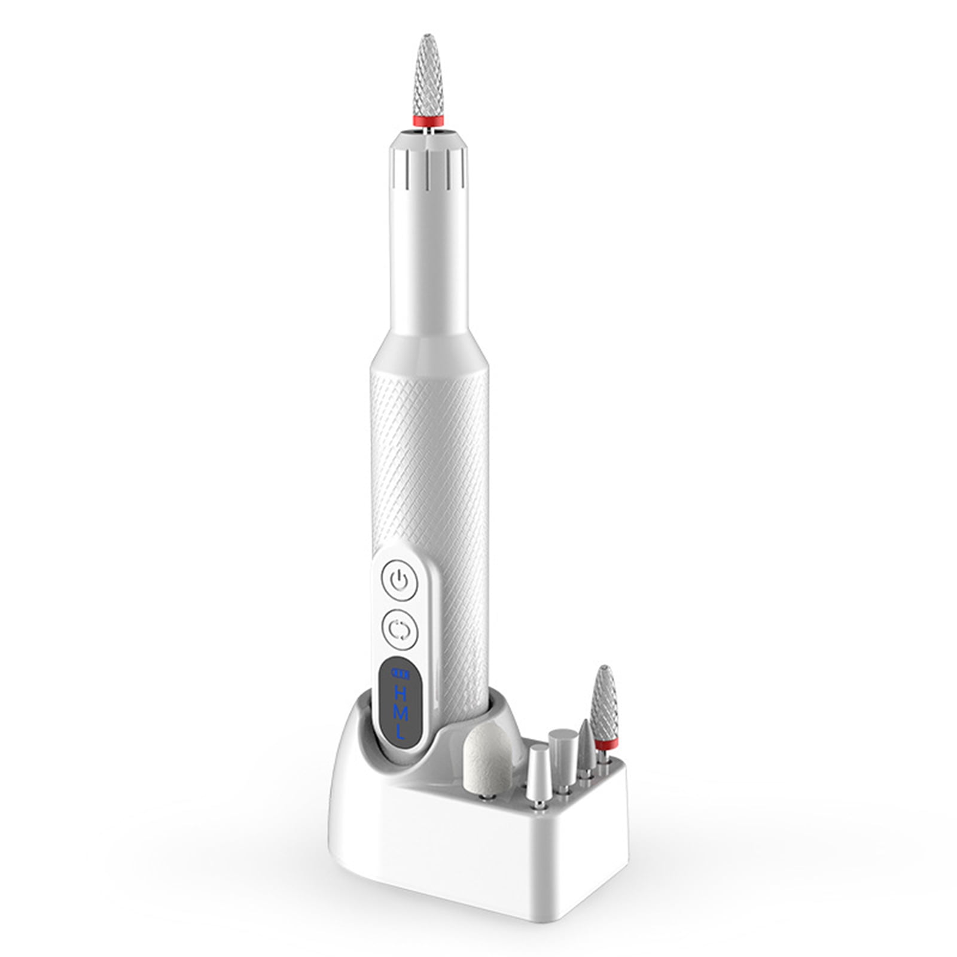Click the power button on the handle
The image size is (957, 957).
[399, 580]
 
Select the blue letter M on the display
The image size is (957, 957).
[400, 712]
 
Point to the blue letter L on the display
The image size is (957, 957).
[400, 732]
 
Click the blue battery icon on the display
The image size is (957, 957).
[400, 674]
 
